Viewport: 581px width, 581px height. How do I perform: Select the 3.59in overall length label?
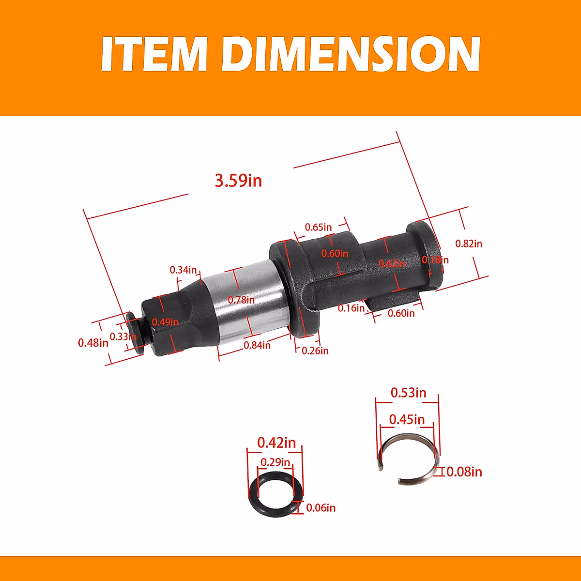[x=238, y=181]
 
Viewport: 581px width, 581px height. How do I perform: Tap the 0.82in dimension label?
[x=469, y=244]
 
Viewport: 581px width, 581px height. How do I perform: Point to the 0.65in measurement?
[x=318, y=227]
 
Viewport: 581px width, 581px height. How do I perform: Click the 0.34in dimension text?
[x=183, y=270]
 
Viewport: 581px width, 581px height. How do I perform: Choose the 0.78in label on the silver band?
[x=241, y=300]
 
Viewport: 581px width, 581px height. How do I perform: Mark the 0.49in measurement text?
[x=165, y=322]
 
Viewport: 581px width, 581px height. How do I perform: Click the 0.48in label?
[x=93, y=343]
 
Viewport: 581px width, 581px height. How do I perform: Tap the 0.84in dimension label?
[x=257, y=345]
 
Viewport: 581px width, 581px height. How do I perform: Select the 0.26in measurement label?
[x=315, y=351]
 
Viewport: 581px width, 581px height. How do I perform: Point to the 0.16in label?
[x=351, y=308]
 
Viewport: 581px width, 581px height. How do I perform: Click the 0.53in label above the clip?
[x=408, y=392]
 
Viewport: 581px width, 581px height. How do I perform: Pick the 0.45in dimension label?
[x=407, y=419]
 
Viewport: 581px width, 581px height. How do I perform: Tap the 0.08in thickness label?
[x=464, y=472]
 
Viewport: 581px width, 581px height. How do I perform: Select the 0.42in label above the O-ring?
[x=276, y=443]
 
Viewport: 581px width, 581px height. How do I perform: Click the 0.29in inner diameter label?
[x=275, y=462]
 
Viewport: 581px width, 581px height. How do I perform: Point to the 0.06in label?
[x=321, y=508]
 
